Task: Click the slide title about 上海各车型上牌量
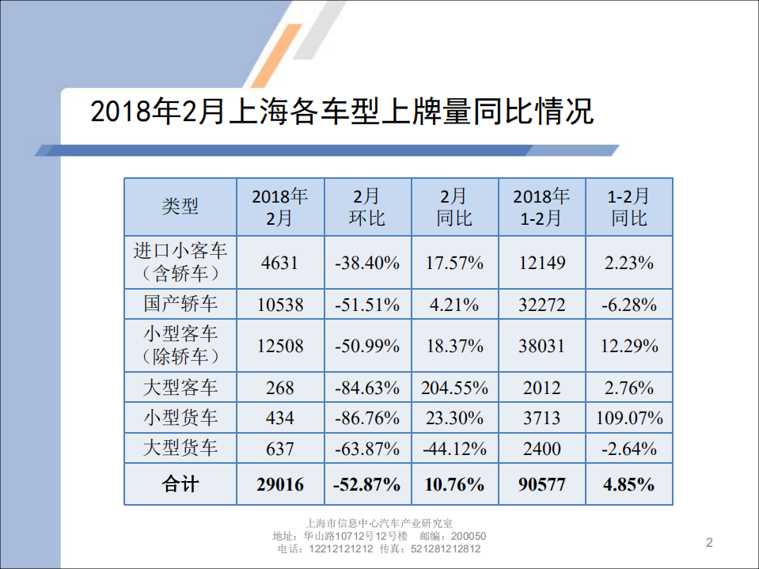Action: coord(342,112)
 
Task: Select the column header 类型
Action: coord(180,207)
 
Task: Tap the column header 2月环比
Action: coord(367,207)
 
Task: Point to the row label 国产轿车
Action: coord(180,304)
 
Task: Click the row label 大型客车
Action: coord(180,388)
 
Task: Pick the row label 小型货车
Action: coord(180,418)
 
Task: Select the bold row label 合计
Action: coord(180,484)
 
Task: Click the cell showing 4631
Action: coord(280,263)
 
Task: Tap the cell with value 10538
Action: coord(280,304)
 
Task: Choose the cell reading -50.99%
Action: coord(367,346)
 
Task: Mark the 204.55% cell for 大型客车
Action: coord(454,388)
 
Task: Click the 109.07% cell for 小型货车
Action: coord(629,418)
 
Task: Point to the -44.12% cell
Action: coord(454,449)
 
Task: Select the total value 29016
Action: coord(280,484)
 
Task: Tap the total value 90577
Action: coord(541,484)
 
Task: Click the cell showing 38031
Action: coord(541,346)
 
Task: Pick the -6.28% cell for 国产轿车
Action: coord(629,304)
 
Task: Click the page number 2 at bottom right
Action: coord(709,542)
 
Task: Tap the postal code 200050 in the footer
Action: coord(469,536)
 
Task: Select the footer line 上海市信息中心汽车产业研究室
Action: coord(379,523)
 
